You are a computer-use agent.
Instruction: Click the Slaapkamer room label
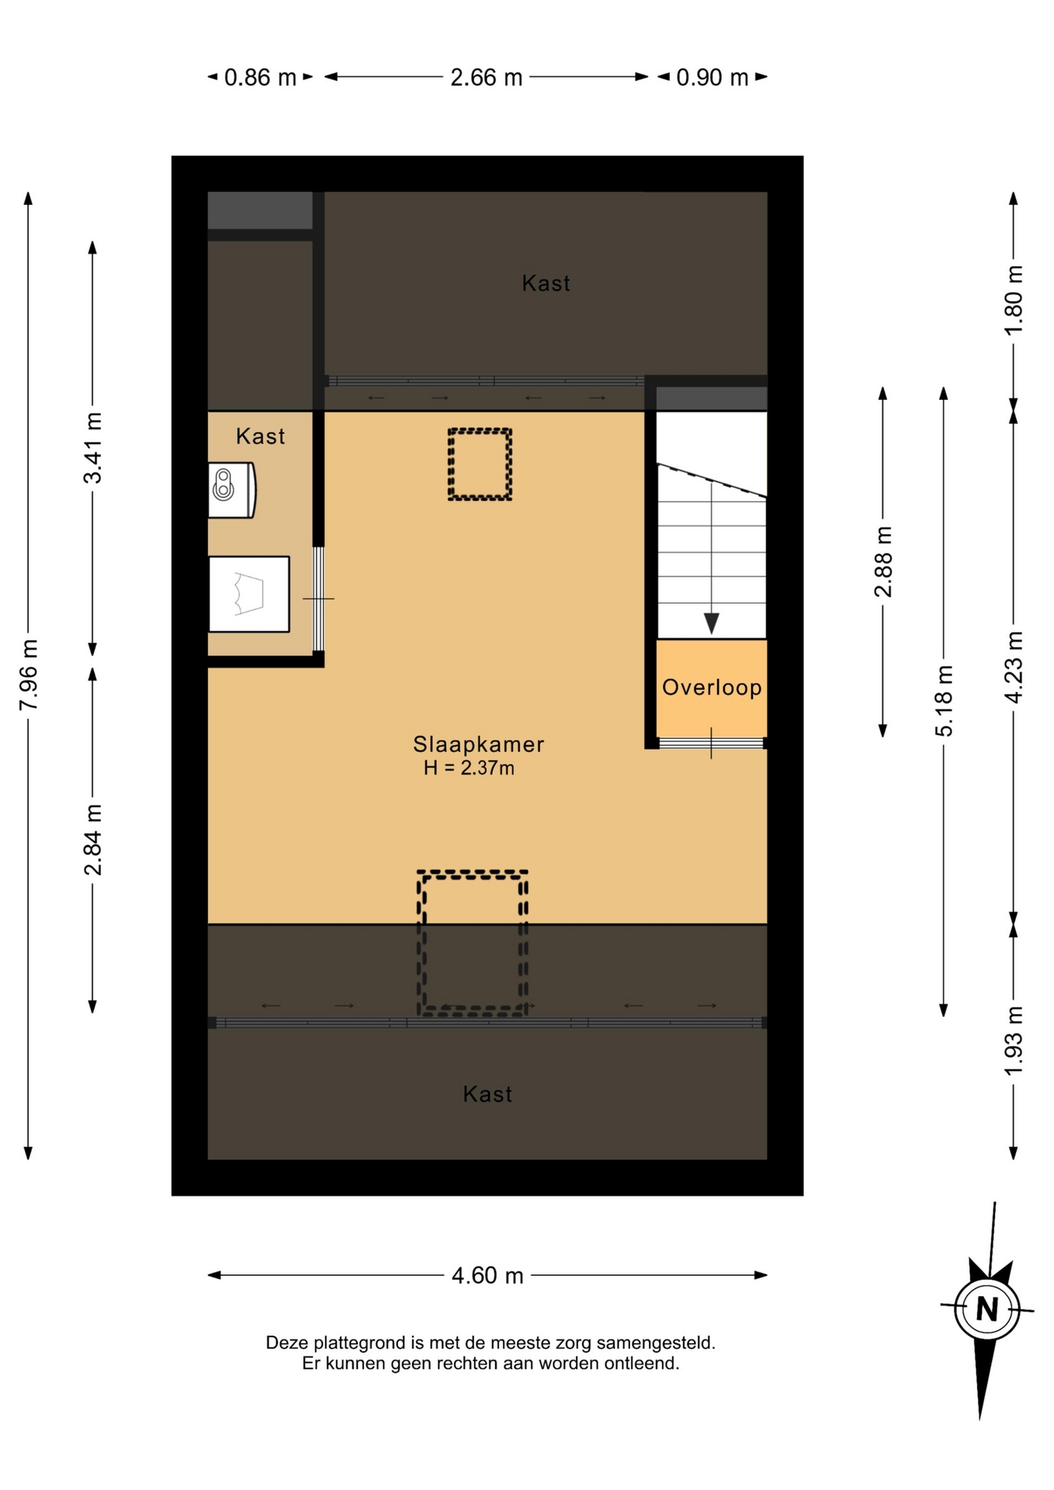478,744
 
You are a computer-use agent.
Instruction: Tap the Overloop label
712,688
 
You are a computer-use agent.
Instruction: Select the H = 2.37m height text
469,768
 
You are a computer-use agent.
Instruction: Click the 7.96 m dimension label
29,674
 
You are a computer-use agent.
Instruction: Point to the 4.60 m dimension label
487,1276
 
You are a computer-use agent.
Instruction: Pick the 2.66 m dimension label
487,78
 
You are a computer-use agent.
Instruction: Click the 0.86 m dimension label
260,78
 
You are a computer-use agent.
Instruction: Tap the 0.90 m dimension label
712,78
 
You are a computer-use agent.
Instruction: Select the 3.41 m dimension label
93,448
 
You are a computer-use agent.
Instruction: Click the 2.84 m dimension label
93,840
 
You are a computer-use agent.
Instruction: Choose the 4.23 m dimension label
1014,667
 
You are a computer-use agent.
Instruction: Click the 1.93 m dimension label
1014,1041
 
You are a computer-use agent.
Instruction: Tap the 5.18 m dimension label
944,701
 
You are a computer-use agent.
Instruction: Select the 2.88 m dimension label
883,561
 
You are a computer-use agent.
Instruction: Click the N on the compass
987,1309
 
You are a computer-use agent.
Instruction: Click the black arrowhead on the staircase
712,623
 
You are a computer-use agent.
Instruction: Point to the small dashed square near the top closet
480,464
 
